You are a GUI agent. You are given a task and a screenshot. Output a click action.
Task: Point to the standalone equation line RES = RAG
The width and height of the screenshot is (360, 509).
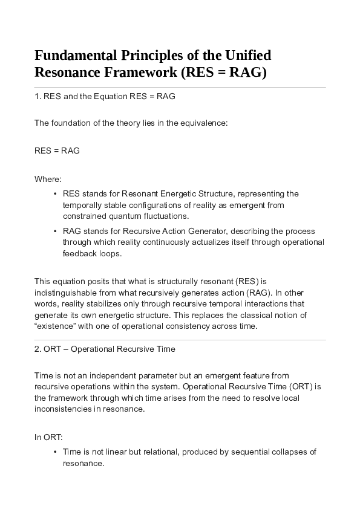point(57,151)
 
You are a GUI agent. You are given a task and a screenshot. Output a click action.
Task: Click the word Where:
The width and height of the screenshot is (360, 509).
point(48,179)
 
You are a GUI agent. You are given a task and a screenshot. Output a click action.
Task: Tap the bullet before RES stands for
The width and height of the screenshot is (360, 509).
point(56,194)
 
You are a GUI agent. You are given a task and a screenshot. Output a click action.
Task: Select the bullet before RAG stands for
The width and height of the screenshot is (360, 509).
point(56,232)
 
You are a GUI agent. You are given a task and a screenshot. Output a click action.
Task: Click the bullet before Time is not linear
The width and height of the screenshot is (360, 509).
point(56,452)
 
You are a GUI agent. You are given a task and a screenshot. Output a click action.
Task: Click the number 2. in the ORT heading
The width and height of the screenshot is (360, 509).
point(38,349)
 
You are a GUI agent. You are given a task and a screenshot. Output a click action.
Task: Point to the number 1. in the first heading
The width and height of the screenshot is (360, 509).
point(38,97)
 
